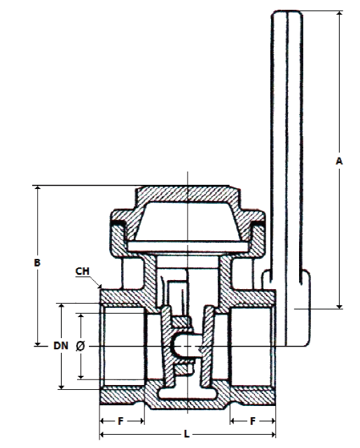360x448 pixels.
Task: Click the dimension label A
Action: point(339,161)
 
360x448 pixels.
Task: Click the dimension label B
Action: point(37,262)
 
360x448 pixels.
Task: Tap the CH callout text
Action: point(83,271)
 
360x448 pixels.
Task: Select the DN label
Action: point(61,346)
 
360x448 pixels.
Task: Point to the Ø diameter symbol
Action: point(81,346)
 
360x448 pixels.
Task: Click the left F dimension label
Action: point(120,421)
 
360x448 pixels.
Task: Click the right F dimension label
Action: point(252,421)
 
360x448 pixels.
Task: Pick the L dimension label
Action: point(186,434)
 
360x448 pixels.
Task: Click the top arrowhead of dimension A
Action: point(340,13)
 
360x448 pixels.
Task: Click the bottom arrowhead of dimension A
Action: point(340,307)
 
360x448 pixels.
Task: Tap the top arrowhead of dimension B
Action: point(37,188)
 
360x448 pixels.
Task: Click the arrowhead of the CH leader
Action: point(99,286)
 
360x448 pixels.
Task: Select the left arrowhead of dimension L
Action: point(102,435)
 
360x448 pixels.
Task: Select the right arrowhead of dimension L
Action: point(272,435)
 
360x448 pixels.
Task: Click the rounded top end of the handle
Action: point(286,13)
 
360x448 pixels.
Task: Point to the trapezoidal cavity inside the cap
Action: point(187,220)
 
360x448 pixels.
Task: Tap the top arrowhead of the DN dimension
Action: point(61,307)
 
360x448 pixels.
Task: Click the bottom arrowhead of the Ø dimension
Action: point(81,377)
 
